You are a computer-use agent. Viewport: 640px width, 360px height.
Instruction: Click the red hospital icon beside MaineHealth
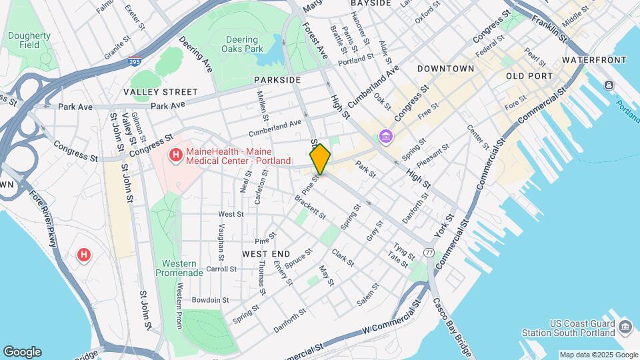point(176,156)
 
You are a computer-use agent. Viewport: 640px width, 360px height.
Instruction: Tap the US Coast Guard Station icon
point(625,327)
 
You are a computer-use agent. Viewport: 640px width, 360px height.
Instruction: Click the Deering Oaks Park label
point(241,43)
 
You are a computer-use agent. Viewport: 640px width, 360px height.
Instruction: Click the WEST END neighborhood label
point(266,254)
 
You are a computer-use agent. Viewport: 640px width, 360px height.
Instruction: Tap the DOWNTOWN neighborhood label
point(445,69)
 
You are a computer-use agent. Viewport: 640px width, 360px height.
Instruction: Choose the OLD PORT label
point(529,76)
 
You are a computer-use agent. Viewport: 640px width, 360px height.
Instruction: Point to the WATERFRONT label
point(595,60)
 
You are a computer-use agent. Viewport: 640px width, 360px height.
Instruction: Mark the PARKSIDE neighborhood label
point(277,80)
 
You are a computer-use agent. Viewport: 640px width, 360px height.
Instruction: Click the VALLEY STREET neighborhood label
point(160,91)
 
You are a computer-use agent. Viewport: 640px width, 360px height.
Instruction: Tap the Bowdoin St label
point(210,300)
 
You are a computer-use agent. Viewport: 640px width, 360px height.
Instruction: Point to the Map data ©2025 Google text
point(597,355)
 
